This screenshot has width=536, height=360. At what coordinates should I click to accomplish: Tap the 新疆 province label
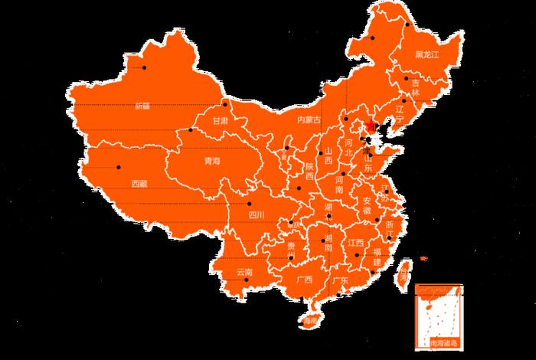(142, 106)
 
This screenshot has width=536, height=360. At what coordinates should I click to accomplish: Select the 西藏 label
(139, 184)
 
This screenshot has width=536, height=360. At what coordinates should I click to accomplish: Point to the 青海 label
(211, 162)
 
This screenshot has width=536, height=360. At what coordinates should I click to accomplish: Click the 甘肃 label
(221, 122)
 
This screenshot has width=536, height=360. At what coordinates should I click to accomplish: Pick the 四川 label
(257, 216)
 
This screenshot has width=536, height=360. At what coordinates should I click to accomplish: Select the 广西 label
(304, 280)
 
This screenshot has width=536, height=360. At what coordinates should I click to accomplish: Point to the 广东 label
(340, 281)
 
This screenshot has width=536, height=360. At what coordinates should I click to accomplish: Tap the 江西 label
(355, 243)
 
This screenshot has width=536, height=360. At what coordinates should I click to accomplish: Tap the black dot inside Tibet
(119, 167)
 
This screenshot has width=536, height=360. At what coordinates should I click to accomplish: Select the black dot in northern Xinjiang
(144, 67)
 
